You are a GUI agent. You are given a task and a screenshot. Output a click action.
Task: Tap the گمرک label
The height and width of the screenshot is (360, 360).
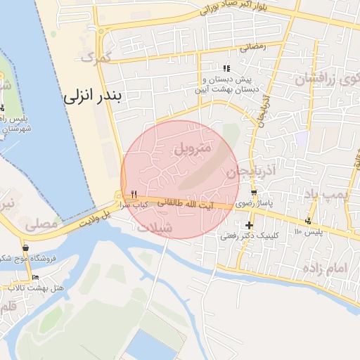[97, 58]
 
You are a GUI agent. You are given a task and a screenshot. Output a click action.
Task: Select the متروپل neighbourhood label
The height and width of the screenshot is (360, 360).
[191, 148]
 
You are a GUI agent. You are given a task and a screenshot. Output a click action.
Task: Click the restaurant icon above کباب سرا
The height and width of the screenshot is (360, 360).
[134, 194]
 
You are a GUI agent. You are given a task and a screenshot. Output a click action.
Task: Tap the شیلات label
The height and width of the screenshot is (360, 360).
[154, 229]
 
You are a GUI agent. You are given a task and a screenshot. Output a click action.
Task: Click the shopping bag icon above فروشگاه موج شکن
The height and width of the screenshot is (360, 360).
[26, 247]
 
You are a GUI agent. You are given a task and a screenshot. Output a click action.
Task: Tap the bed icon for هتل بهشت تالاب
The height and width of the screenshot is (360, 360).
[35, 278]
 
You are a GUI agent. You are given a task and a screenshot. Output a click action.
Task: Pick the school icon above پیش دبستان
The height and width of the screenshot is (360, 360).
[226, 68]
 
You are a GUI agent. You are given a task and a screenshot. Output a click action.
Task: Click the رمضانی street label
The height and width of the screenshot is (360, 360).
[252, 47]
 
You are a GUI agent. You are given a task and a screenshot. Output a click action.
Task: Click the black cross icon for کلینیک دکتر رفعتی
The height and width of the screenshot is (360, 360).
[250, 225]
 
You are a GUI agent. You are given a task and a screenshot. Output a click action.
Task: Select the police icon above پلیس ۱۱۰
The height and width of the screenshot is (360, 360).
[308, 221]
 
